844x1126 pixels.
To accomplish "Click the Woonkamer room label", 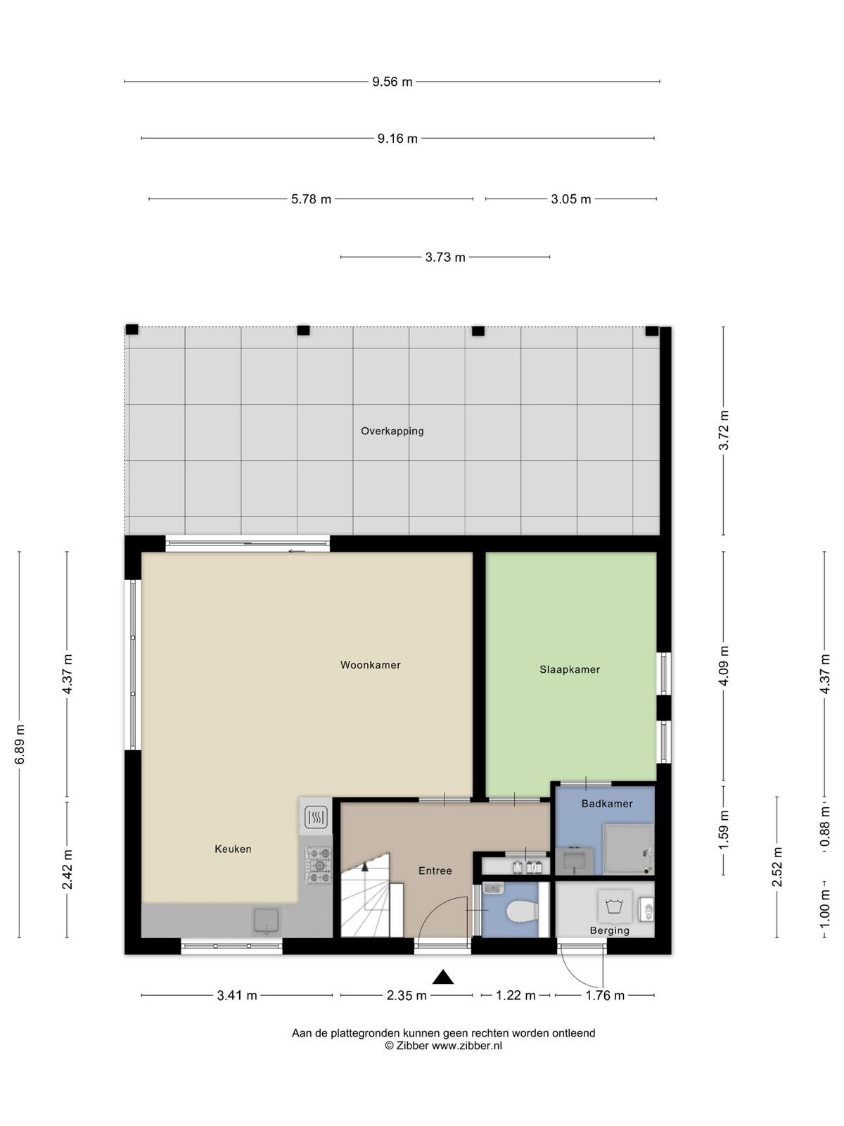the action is click(x=370, y=665).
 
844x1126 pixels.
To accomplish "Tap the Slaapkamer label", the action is click(x=569, y=669).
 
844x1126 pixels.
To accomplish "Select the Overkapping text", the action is click(x=392, y=431).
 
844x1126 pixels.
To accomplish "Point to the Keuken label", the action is click(x=233, y=849).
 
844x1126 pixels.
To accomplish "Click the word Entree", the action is click(x=435, y=871).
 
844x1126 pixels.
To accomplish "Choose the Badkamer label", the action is click(x=607, y=804).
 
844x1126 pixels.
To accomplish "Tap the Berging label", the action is click(x=609, y=930).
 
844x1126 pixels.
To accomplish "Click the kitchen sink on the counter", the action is click(x=267, y=921).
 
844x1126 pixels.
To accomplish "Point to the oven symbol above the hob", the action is click(x=316, y=816).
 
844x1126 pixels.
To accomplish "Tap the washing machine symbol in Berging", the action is click(x=613, y=906).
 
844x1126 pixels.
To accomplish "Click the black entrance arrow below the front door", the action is click(x=443, y=978).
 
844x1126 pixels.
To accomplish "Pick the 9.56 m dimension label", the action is click(x=392, y=82).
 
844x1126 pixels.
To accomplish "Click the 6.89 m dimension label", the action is click(x=20, y=745).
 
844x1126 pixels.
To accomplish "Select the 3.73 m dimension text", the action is click(x=445, y=257).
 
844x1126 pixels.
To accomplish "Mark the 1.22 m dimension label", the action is click(x=516, y=996).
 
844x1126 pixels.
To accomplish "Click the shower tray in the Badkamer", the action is click(x=628, y=849).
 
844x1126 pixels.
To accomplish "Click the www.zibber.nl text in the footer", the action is click(x=467, y=1046).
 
